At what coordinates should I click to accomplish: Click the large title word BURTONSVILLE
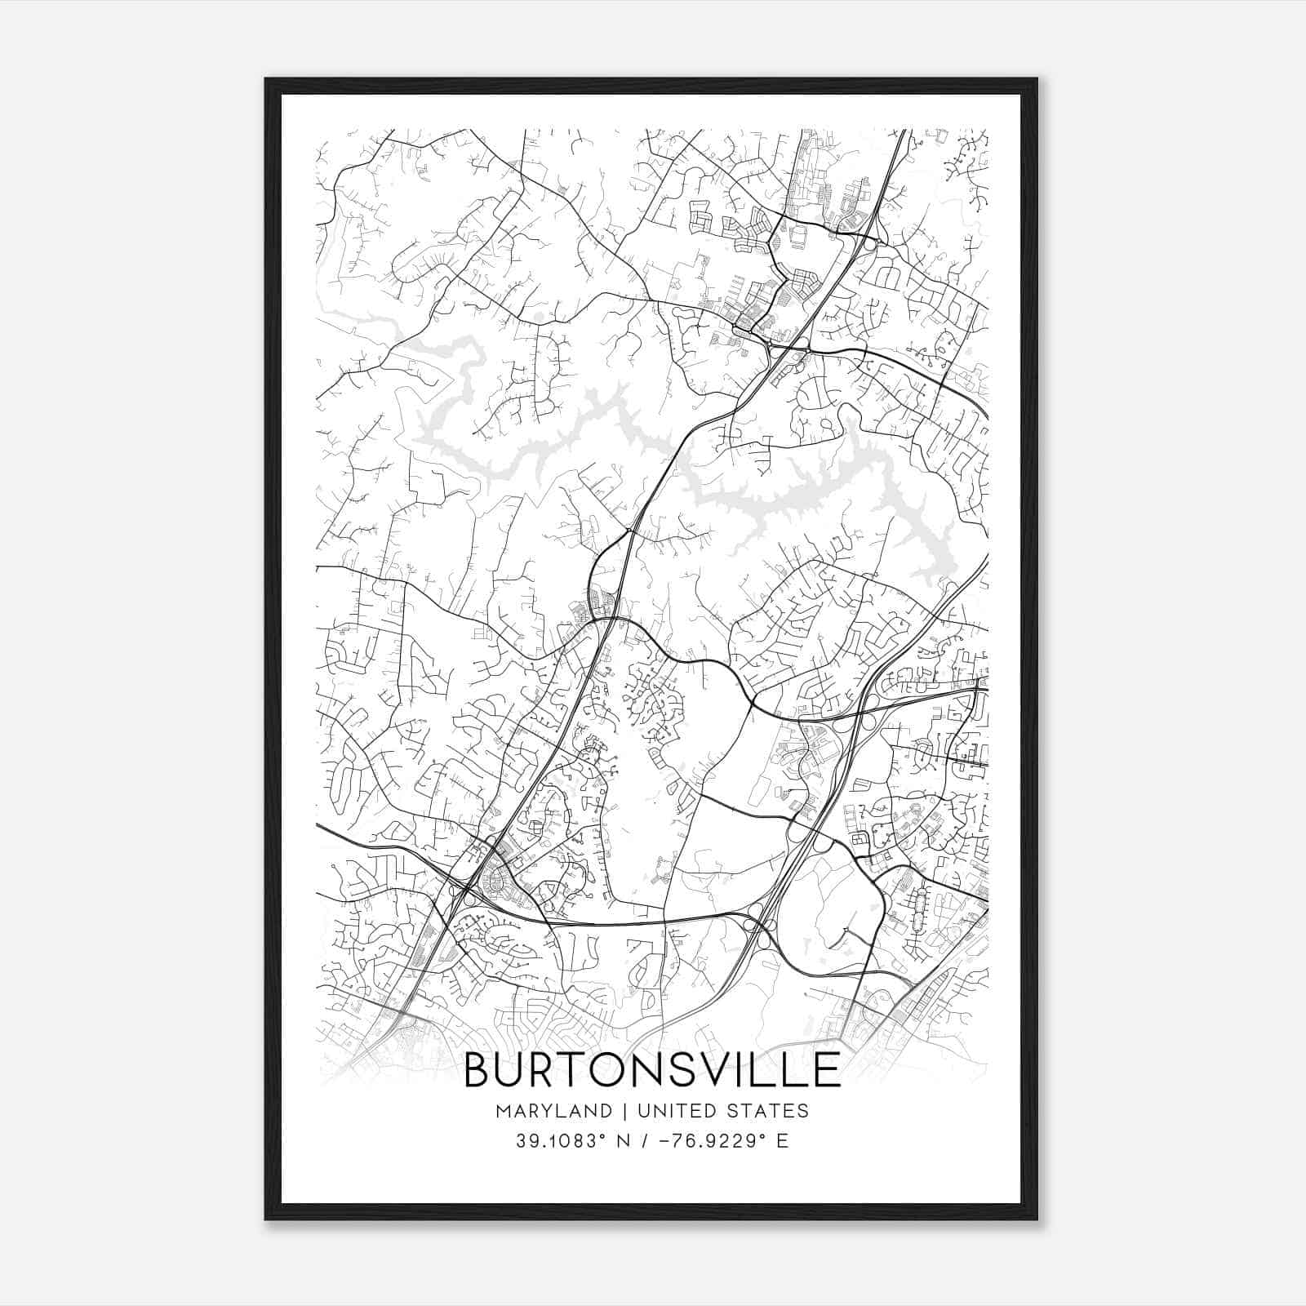(652, 1070)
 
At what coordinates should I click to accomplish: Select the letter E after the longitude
(782, 1140)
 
